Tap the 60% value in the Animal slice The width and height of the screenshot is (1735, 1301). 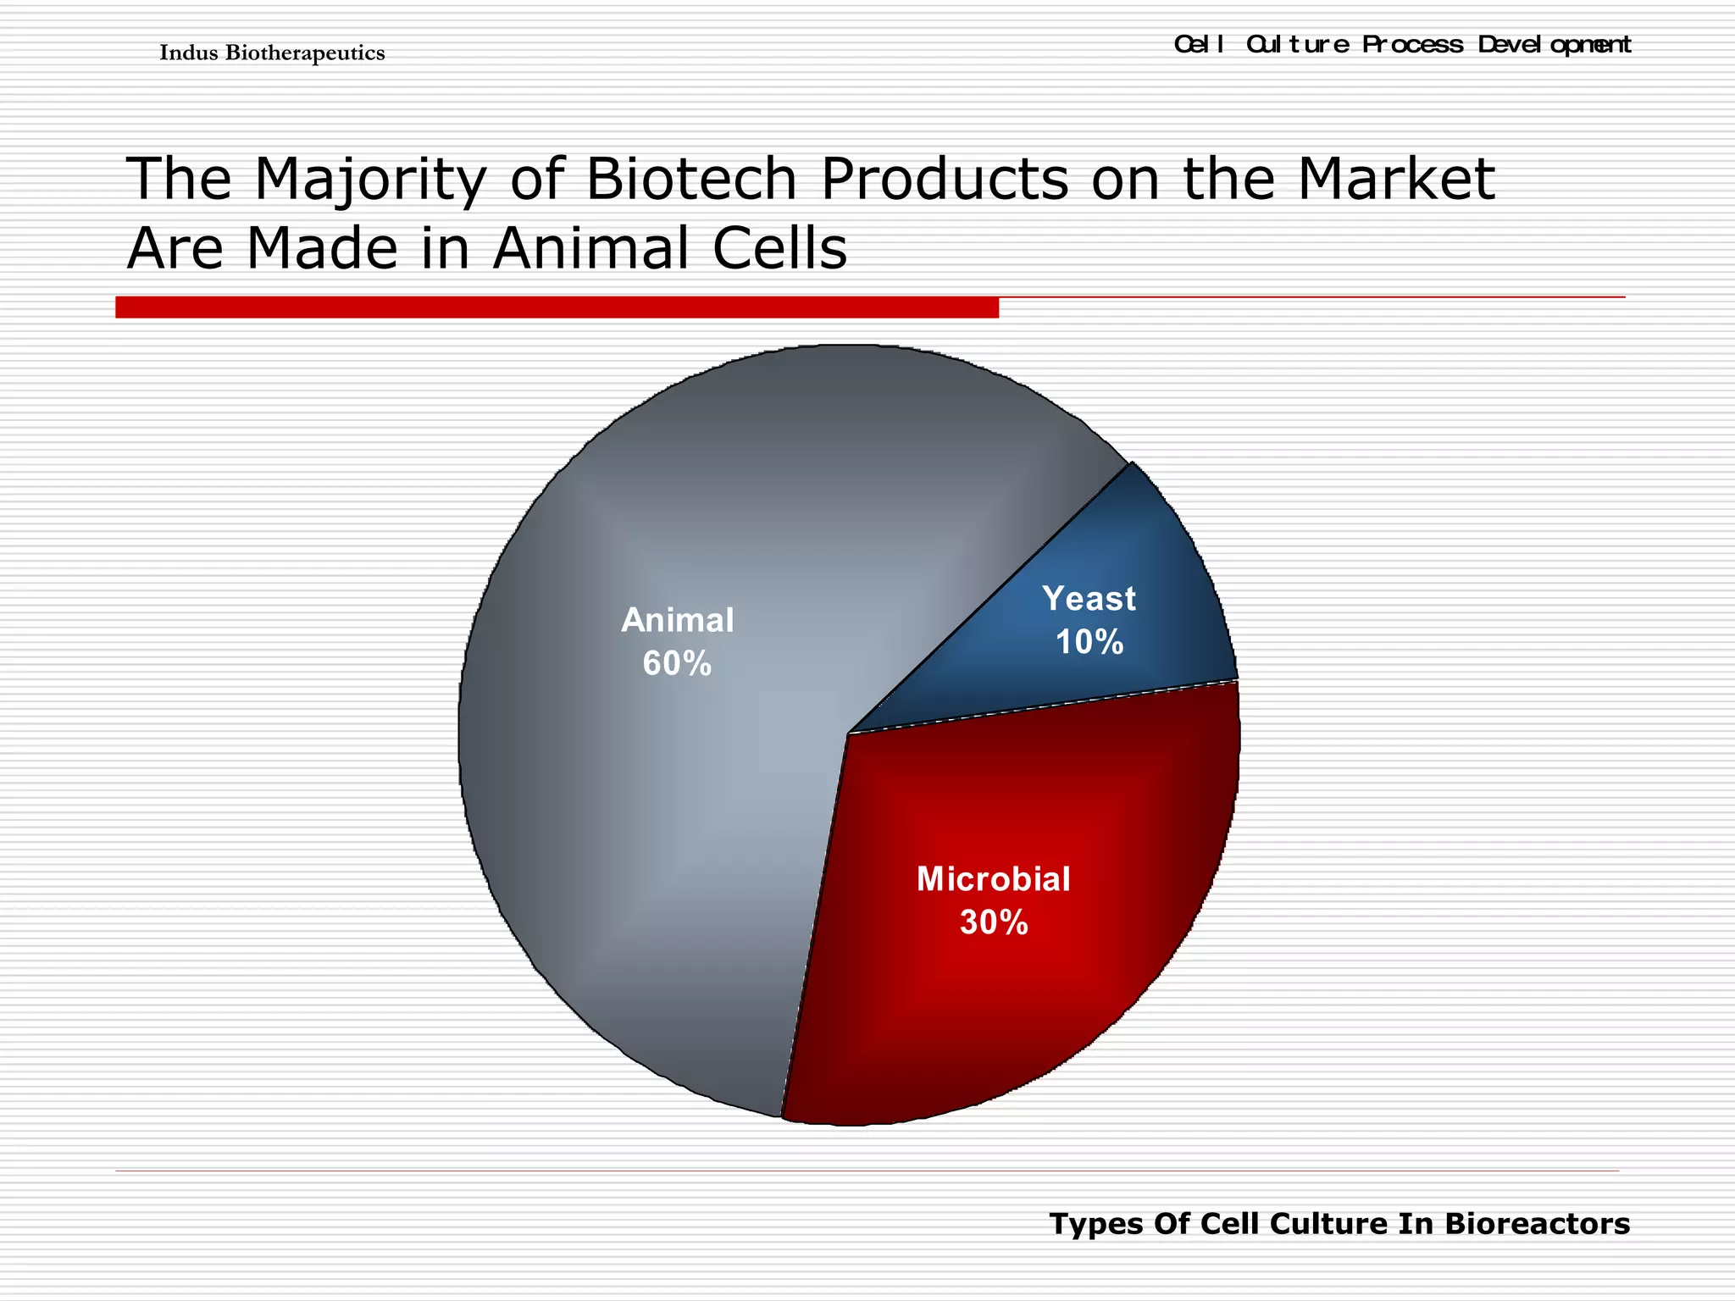677,663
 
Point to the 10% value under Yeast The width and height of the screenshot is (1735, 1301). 1089,642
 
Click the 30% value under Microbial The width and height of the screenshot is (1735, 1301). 994,922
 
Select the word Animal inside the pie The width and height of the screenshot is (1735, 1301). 677,621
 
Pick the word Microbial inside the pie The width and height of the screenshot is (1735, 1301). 994,879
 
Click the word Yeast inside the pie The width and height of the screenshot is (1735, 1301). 1089,599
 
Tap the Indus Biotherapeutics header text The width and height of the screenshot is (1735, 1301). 272,53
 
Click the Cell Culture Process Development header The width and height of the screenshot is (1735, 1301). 1402,44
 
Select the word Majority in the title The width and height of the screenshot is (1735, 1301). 370,180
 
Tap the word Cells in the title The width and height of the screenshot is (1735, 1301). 779,249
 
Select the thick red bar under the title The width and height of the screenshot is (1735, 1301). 557,307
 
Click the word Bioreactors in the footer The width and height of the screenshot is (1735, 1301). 1537,1224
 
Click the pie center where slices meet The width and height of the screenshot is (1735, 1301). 848,733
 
